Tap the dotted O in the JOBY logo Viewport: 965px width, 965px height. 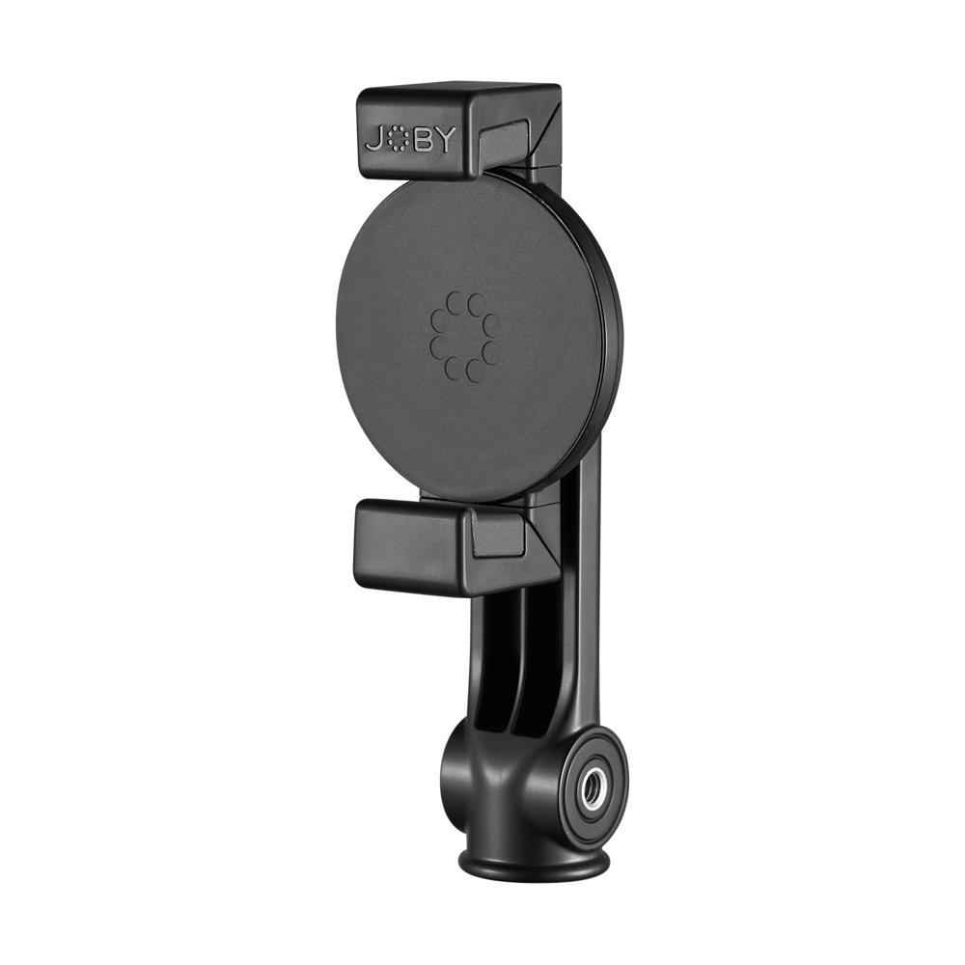tap(400, 141)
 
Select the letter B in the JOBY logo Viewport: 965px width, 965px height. tap(427, 141)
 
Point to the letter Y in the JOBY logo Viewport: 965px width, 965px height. tap(454, 141)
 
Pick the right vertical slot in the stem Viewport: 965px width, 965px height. tap(527, 666)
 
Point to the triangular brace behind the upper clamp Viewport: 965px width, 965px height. tap(545, 130)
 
